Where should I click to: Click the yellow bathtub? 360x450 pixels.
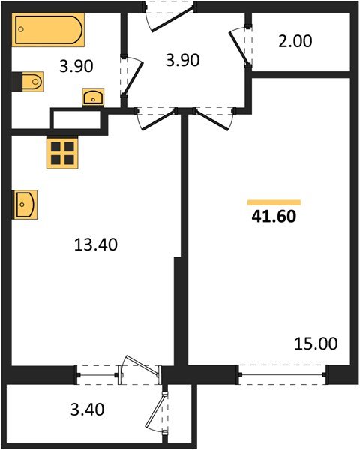(46, 33)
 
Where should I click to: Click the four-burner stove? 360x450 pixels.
(62, 152)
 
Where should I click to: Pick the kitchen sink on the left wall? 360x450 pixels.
(25, 203)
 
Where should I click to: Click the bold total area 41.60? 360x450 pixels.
(275, 218)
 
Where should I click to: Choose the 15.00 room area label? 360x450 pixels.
(315, 343)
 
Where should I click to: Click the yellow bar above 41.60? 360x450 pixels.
(274, 202)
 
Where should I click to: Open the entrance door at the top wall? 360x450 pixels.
(166, 15)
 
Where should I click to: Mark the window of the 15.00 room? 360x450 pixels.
(283, 370)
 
